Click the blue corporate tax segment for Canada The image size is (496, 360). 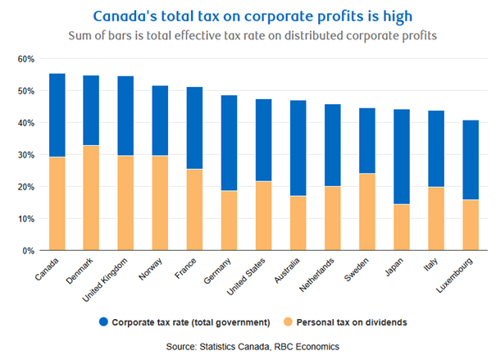pyautogui.click(x=57, y=116)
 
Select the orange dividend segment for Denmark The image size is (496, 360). pyautogui.click(x=92, y=198)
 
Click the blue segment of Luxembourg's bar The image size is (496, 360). pyautogui.click(x=471, y=160)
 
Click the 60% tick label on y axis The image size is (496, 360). pyautogui.click(x=27, y=59)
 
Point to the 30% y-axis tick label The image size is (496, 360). pyautogui.click(x=27, y=155)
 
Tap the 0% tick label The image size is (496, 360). pyautogui.click(x=30, y=251)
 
